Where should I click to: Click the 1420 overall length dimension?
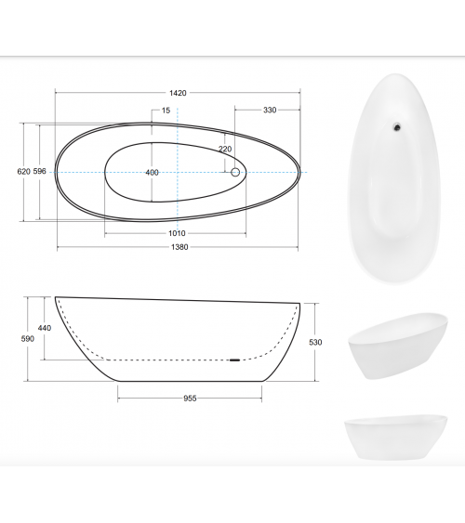point(178,93)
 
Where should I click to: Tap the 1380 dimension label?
point(179,247)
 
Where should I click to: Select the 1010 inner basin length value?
point(177,233)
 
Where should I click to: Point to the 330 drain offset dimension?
point(270,110)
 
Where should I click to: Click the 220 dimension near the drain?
point(225,149)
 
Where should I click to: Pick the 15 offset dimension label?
point(166,111)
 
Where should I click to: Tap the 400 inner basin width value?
point(152,173)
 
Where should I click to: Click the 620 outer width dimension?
point(23,172)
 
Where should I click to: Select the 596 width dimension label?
point(39,172)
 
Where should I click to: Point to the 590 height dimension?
point(27,339)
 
